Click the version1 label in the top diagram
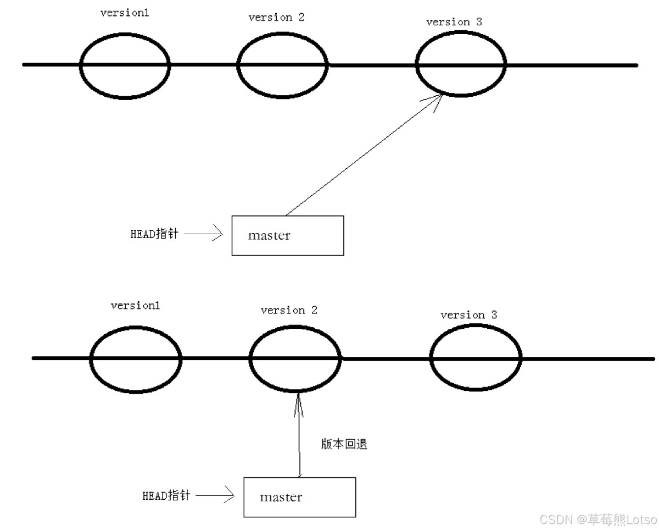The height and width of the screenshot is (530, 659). (x=125, y=13)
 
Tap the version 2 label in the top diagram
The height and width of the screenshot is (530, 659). (x=276, y=17)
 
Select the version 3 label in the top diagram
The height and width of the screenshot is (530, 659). (x=454, y=22)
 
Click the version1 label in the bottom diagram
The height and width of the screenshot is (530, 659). (x=135, y=305)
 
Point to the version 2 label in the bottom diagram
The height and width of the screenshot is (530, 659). (x=289, y=310)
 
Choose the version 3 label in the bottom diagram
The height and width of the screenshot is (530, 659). (x=468, y=315)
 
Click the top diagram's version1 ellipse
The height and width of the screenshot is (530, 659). (x=125, y=65)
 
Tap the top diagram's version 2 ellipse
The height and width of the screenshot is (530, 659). (x=283, y=65)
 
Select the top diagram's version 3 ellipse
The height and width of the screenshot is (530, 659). (x=460, y=65)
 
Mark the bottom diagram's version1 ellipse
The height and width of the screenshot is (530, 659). (x=135, y=358)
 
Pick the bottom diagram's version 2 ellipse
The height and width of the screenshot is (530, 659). (x=295, y=358)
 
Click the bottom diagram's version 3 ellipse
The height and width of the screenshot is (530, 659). (x=475, y=358)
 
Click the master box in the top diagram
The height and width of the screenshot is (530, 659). (x=288, y=235)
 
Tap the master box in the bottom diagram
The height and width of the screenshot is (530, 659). (x=299, y=497)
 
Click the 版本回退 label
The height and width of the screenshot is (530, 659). (x=344, y=444)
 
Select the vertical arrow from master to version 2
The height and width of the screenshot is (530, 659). (x=299, y=434)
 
